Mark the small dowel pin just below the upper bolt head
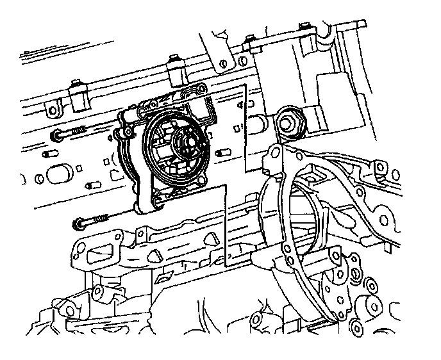coord(49,155)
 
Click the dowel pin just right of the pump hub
coord(224,152)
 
